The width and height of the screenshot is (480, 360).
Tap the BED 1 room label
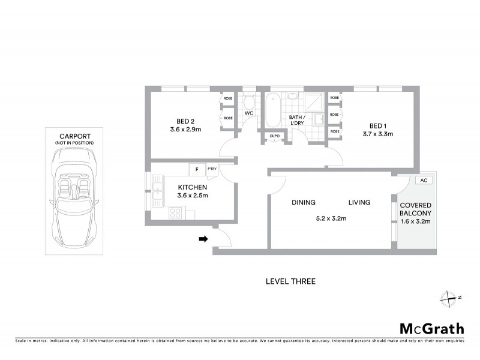point(377,125)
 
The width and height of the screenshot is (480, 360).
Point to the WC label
point(249,113)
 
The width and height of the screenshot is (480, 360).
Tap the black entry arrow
point(203,239)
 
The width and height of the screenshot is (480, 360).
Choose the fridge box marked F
point(197,169)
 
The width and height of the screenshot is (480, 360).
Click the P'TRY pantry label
point(212,169)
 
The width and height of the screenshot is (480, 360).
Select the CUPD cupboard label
point(274,136)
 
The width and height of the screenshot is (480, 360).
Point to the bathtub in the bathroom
point(272,110)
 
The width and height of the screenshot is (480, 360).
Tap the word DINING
point(304,203)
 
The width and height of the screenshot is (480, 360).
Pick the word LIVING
point(359,203)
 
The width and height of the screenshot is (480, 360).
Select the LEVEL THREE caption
point(290,281)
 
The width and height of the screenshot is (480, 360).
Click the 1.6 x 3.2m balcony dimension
point(416,221)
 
